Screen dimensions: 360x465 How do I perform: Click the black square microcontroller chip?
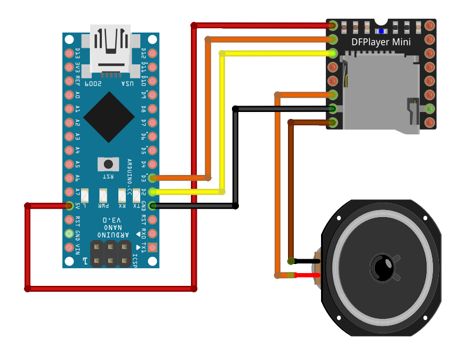tap(109, 117)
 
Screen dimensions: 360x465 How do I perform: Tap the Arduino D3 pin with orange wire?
tap(153, 178)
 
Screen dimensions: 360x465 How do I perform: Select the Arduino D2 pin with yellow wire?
tap(153, 191)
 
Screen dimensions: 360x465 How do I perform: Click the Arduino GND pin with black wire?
tap(153, 205)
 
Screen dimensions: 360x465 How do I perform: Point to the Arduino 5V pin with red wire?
tap(69, 205)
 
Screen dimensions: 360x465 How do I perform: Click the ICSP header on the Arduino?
tap(110, 254)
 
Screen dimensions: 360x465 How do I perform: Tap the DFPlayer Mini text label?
tap(381, 42)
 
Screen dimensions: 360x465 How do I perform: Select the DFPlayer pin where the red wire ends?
tap(333, 25)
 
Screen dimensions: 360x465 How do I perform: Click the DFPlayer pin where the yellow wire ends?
tap(333, 53)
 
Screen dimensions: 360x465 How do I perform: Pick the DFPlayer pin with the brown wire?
tap(333, 123)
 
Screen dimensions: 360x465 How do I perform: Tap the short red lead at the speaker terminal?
tap(306, 275)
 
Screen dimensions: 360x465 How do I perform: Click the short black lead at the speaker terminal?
tap(306, 261)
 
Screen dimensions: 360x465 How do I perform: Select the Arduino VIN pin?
tap(69, 247)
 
